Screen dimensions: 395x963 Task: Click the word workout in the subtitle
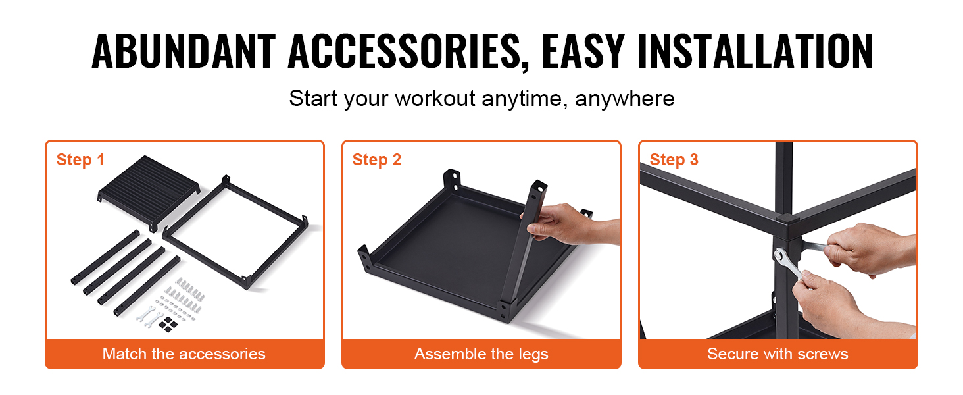(x=435, y=99)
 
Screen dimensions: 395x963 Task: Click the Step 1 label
(x=80, y=159)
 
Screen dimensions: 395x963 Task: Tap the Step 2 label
(x=376, y=159)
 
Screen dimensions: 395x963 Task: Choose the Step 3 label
(x=674, y=159)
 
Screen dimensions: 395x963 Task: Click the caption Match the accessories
(x=184, y=354)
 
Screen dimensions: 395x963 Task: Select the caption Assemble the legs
(x=481, y=354)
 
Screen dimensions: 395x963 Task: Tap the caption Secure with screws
(x=778, y=354)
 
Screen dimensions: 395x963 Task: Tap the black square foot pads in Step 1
(x=172, y=323)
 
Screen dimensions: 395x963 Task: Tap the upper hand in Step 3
(x=862, y=247)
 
